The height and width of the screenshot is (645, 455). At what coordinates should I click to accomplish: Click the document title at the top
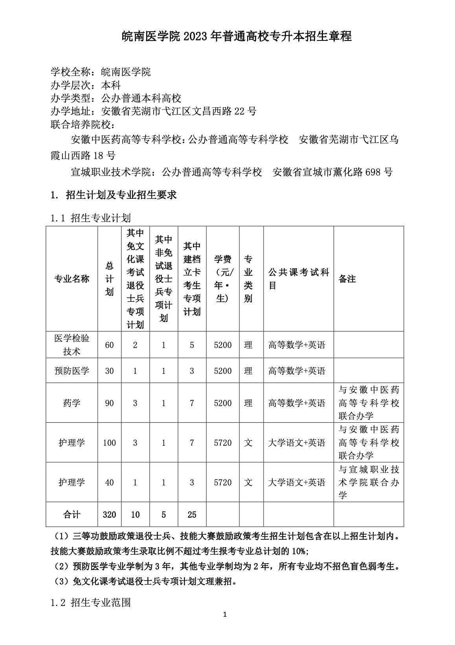point(237,37)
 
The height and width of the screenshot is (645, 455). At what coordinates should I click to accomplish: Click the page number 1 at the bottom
point(224,625)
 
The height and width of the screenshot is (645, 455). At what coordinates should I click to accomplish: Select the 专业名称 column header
point(72,279)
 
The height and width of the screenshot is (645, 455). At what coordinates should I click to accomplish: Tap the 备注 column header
point(347,279)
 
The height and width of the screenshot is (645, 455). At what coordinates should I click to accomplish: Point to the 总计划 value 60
point(109,345)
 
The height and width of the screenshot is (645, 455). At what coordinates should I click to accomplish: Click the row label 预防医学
point(72,371)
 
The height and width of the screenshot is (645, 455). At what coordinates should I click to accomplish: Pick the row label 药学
point(72,403)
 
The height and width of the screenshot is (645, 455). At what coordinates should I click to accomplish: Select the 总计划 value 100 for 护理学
point(109,443)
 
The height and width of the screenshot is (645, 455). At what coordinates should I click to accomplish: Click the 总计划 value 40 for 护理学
point(109,482)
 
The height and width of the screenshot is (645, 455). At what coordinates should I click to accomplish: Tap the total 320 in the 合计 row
point(109,515)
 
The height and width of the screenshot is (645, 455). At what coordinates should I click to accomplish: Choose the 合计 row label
point(72,515)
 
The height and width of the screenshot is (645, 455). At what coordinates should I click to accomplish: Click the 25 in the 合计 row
point(192,515)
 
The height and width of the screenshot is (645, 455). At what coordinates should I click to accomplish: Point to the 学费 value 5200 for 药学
point(223,403)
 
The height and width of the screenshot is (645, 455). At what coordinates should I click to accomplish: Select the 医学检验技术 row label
point(72,344)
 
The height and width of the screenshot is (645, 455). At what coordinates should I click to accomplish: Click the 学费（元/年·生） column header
point(223,279)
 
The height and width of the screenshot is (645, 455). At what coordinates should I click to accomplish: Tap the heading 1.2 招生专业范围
point(91,603)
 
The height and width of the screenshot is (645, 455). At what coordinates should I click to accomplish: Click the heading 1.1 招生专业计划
point(91,218)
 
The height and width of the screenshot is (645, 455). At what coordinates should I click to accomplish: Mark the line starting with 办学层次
point(86,85)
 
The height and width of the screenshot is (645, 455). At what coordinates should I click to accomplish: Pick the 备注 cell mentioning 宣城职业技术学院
point(369,482)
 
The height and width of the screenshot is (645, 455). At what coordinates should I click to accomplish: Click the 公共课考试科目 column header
point(298,279)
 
